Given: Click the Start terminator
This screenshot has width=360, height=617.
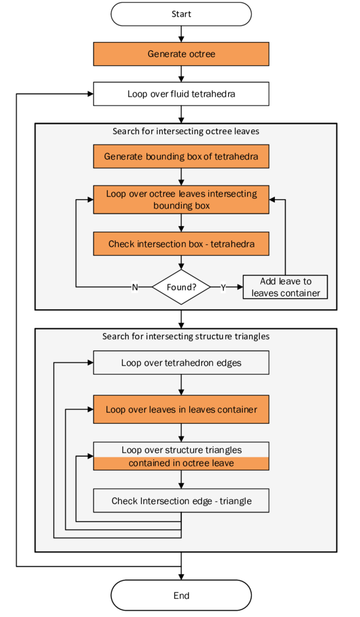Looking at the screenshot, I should pyautogui.click(x=181, y=14).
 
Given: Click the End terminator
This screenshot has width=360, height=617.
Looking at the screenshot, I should pyautogui.click(x=181, y=595).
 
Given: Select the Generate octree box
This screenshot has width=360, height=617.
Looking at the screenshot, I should pyautogui.click(x=181, y=54).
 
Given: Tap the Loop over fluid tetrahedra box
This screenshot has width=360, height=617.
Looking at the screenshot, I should pyautogui.click(x=181, y=94).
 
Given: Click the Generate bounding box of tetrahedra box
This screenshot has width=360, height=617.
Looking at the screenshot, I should pyautogui.click(x=181, y=157).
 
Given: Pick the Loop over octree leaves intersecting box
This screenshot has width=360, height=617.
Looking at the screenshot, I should pyautogui.click(x=181, y=199).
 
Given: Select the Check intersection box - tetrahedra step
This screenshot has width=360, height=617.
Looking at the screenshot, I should pyautogui.click(x=181, y=244).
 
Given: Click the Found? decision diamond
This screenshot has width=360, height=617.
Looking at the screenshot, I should pyautogui.click(x=181, y=287).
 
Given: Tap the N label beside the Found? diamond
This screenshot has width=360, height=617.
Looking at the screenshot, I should pyautogui.click(x=134, y=287).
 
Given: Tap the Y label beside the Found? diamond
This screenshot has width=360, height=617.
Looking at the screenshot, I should pyautogui.click(x=223, y=287).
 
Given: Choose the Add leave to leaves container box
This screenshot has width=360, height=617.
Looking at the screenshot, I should pyautogui.click(x=285, y=287).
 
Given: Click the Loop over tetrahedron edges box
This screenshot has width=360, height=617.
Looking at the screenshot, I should pyautogui.click(x=181, y=363).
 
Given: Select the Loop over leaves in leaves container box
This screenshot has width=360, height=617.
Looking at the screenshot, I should pyautogui.click(x=181, y=409).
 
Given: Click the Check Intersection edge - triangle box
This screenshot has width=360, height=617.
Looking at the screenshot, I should pyautogui.click(x=181, y=501).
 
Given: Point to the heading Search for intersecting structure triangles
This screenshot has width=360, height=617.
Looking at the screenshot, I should pyautogui.click(x=185, y=336).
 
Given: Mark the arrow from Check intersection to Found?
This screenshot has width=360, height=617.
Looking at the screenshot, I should pyautogui.click(x=181, y=263).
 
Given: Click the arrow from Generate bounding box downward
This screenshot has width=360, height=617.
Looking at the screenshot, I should pyautogui.click(x=181, y=176).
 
